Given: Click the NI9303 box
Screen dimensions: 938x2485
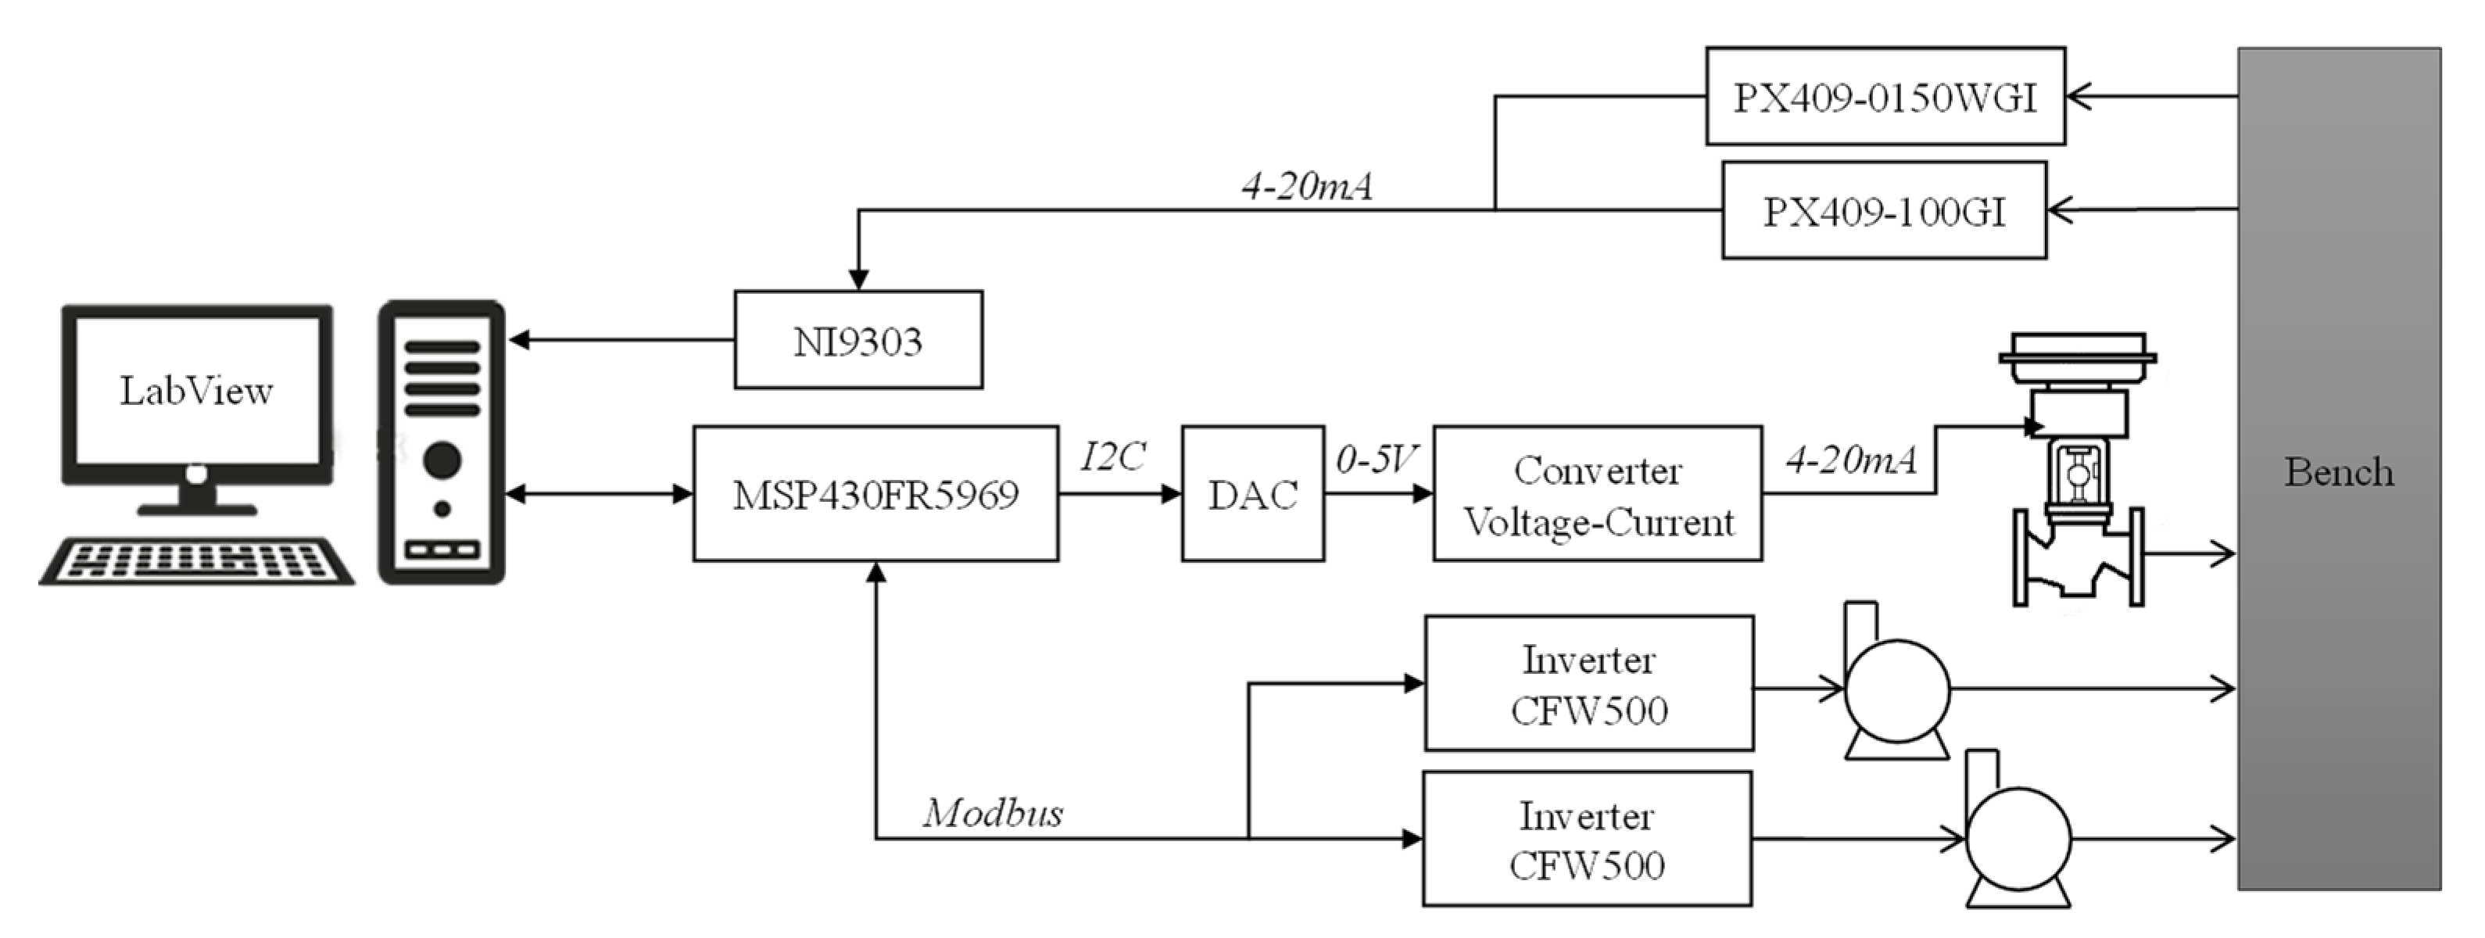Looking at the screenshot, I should [858, 340].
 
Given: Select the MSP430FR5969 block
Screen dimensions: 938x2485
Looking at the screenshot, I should [875, 494].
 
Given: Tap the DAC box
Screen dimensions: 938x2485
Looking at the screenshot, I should [1252, 494].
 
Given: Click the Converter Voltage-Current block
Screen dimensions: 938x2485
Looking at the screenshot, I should [1598, 494].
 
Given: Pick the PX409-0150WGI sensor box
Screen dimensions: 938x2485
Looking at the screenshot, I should [1885, 96].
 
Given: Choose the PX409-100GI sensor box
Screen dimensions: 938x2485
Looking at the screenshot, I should [1884, 210].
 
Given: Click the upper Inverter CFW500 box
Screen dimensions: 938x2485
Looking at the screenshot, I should [1589, 683].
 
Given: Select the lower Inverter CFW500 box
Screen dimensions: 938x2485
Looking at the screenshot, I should [1587, 839].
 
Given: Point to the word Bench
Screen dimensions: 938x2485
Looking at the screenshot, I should [2338, 472].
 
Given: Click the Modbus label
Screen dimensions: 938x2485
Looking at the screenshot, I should [993, 813].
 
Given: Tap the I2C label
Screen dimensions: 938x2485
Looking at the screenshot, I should [1112, 456].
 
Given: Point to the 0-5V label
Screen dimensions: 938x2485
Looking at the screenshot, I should [1377, 460].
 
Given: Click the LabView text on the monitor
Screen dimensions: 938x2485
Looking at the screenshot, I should [196, 391].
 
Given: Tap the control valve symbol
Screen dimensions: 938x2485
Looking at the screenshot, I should [2078, 473].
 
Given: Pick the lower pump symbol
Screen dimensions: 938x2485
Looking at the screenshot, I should [2016, 838].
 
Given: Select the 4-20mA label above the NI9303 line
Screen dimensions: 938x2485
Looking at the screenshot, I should [1306, 185].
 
